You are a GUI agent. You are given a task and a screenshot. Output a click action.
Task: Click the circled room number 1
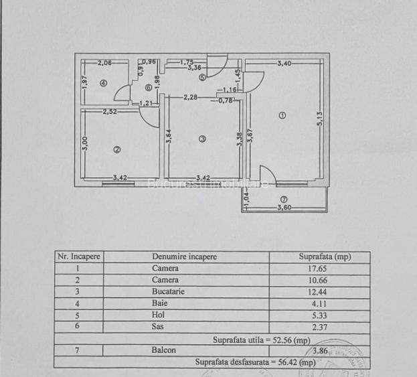coord(282,115)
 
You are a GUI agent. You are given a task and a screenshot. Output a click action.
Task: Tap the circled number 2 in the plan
coord(116,150)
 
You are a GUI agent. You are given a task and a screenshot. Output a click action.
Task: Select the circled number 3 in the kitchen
coord(202,139)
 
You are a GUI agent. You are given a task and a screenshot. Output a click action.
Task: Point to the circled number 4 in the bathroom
coord(103,83)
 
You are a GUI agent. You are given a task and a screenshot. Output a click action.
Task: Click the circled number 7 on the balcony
coord(284,199)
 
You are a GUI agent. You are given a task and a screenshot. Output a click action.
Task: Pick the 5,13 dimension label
coord(321,119)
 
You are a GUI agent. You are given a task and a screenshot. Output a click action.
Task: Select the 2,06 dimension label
coord(104,63)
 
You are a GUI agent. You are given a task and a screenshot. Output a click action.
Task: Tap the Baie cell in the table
coord(159,303)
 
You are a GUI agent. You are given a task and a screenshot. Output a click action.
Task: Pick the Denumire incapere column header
coord(185,256)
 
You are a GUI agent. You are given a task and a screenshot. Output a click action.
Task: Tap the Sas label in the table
coord(158,326)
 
